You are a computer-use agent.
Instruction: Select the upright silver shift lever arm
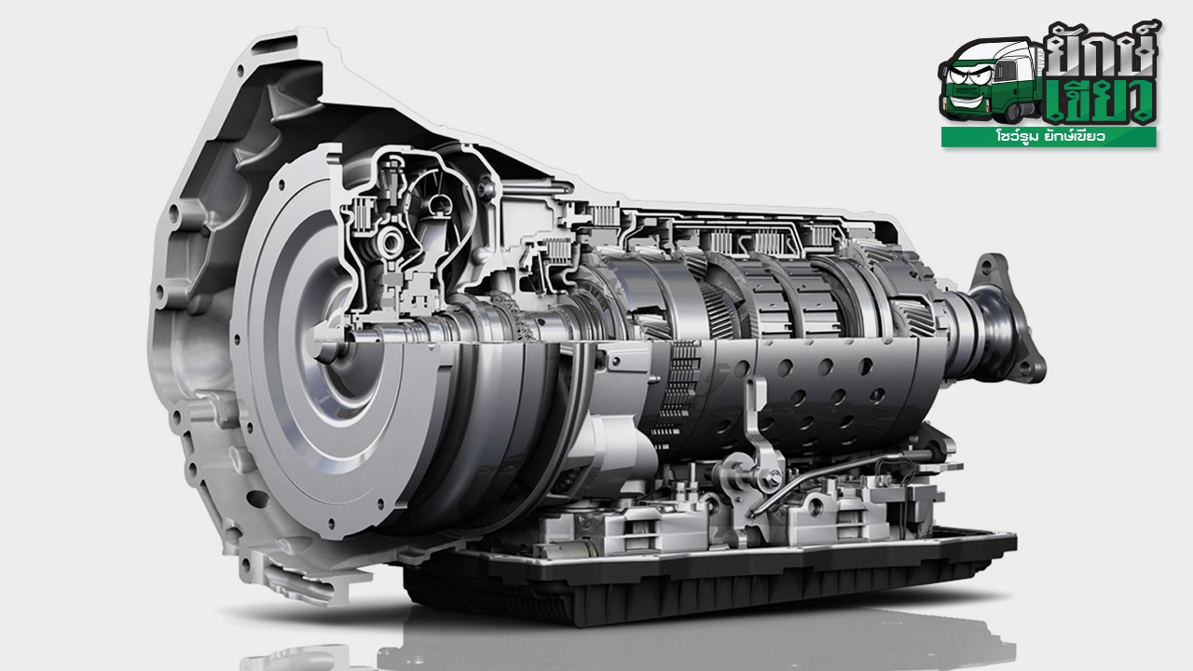coord(755,426)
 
